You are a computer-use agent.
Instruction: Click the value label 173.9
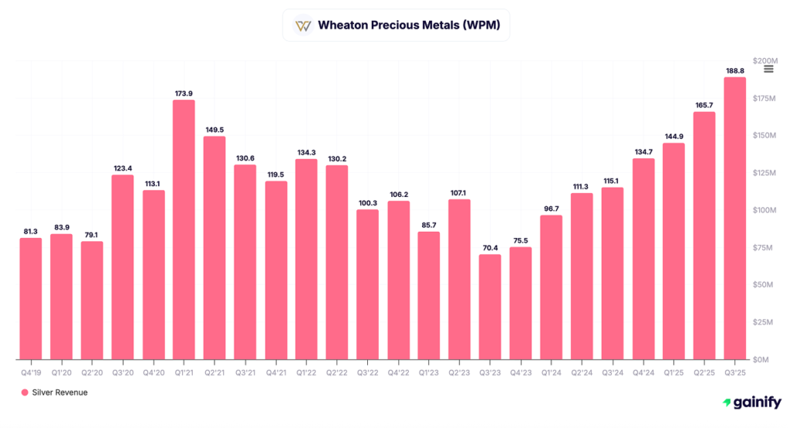tap(184, 93)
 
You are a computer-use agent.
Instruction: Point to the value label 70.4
tap(490, 248)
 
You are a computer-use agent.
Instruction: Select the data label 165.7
tap(704, 105)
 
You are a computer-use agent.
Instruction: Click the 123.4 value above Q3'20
tap(123, 168)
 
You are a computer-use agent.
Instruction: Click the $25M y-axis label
tap(763, 322)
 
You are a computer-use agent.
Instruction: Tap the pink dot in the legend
tap(25, 392)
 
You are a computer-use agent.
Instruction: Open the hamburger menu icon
tap(768, 70)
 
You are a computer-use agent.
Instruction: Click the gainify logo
tap(751, 403)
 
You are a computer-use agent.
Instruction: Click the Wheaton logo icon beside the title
tap(303, 25)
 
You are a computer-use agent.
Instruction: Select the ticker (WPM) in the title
tap(482, 25)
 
